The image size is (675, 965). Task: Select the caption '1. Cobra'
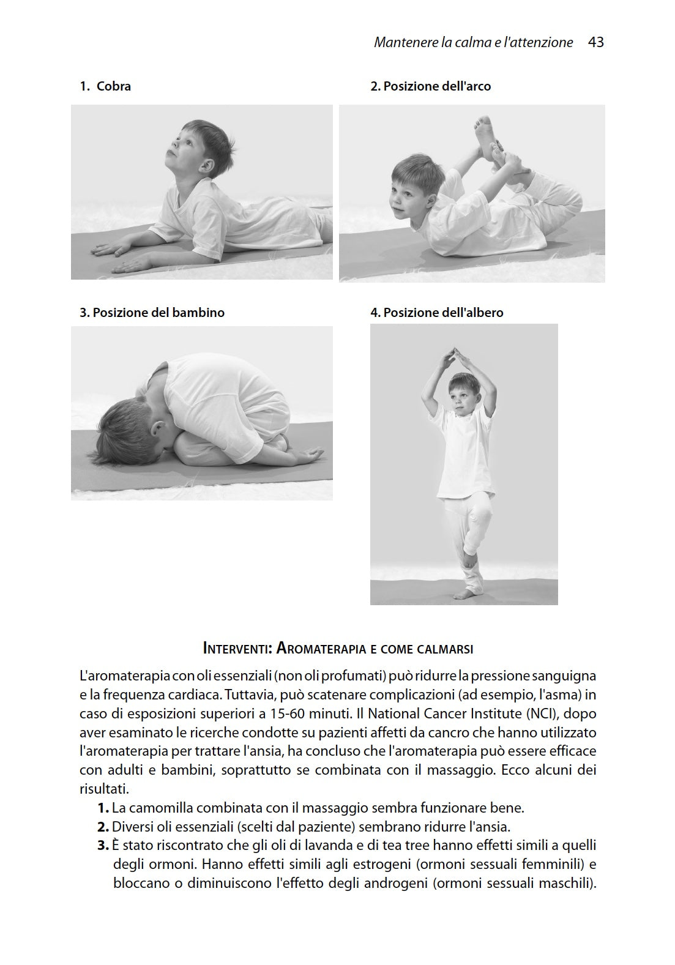(105, 86)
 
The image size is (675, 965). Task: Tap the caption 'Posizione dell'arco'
(430, 86)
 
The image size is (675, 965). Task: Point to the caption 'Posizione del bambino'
(152, 313)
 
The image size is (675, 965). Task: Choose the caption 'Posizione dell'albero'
(436, 313)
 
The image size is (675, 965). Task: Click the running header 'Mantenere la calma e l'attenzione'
(473, 42)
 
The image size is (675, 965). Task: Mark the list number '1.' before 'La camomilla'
(103, 808)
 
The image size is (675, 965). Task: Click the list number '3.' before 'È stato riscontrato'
(103, 846)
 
